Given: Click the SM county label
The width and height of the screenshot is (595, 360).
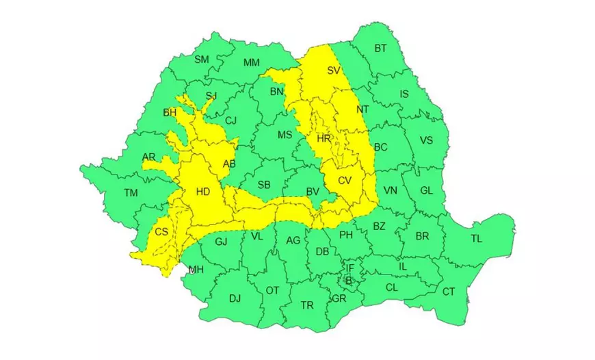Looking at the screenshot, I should pyautogui.click(x=202, y=60).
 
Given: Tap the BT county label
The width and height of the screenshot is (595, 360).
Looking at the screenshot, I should pyautogui.click(x=380, y=49).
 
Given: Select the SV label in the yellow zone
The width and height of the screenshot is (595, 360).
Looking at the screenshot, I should pyautogui.click(x=334, y=70).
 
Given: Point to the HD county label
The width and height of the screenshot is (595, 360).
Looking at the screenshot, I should pyautogui.click(x=203, y=192).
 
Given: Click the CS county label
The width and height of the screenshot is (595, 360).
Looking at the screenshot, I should pyautogui.click(x=161, y=232).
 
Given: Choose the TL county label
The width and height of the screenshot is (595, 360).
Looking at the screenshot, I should pyautogui.click(x=476, y=239).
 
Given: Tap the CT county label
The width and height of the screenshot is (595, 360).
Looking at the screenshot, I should pyautogui.click(x=449, y=292).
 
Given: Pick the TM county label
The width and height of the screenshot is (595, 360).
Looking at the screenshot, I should pyautogui.click(x=131, y=193).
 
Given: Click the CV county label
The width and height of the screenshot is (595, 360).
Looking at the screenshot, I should pyautogui.click(x=344, y=180).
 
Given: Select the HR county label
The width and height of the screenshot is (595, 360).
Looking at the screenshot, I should pyautogui.click(x=324, y=138).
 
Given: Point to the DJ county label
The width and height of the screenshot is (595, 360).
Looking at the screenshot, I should pyautogui.click(x=235, y=298).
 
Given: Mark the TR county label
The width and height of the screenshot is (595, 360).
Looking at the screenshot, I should pyautogui.click(x=307, y=305).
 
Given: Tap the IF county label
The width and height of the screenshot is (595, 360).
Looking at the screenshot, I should pyautogui.click(x=349, y=268).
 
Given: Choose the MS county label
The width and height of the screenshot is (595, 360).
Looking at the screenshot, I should pyautogui.click(x=285, y=135).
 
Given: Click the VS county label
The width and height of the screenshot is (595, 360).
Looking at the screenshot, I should pyautogui.click(x=426, y=141).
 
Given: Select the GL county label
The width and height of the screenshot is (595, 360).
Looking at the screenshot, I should pyautogui.click(x=426, y=191).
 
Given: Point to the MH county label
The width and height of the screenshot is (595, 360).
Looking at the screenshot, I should pyautogui.click(x=196, y=269).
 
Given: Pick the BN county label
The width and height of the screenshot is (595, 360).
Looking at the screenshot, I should pyautogui.click(x=276, y=92).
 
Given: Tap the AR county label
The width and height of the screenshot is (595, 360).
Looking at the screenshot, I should pyautogui.click(x=148, y=157).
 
